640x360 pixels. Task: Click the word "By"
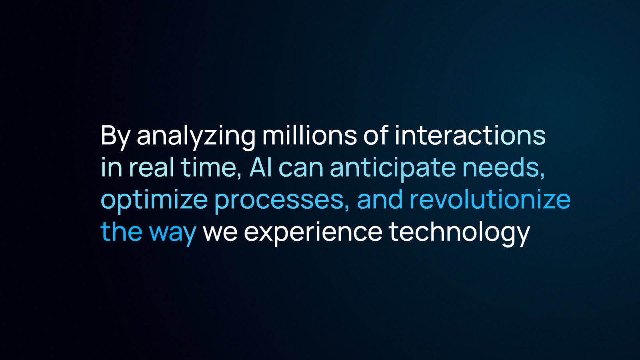point(115,138)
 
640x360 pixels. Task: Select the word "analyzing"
point(196,137)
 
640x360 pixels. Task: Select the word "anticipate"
point(393,170)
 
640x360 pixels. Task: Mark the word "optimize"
point(154,201)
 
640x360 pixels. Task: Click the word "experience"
point(313,234)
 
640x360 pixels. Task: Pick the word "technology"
point(460,233)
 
